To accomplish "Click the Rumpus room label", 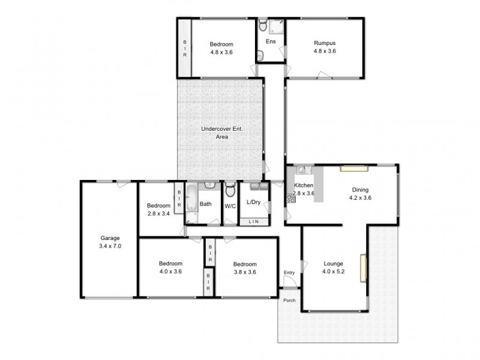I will (x=324, y=43).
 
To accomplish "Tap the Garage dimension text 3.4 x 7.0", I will (x=110, y=245).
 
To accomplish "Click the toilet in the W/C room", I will (x=230, y=191).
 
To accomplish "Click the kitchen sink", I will (x=305, y=170).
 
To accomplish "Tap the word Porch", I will (x=290, y=300).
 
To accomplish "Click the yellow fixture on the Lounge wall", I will (x=363, y=268).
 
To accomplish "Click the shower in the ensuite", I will (x=277, y=26).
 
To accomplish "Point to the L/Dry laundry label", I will (x=254, y=202).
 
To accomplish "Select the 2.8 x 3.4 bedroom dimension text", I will (x=159, y=212).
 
